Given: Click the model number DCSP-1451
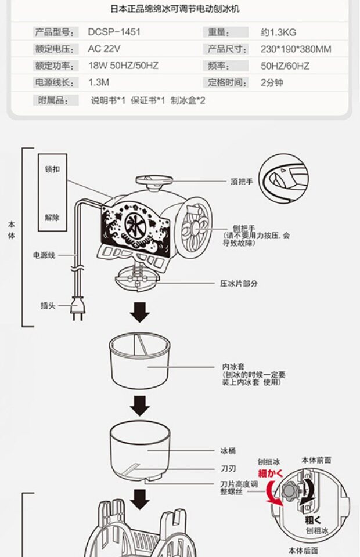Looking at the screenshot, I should click(114, 32).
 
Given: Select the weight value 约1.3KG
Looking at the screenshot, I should click(281, 32).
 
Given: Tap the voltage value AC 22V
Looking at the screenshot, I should click(105, 49).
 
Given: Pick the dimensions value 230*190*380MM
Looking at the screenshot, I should click(296, 49).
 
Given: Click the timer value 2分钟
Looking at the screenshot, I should click(272, 83).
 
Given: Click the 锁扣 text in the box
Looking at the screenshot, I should click(52, 169).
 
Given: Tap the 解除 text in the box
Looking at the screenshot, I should click(52, 218).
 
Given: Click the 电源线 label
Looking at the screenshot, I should click(44, 255).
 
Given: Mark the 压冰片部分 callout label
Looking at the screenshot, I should click(239, 284).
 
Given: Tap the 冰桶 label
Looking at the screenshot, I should click(228, 450).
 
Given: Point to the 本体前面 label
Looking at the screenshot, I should click(316, 460).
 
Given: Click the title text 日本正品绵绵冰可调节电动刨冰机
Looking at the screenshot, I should click(175, 9).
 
